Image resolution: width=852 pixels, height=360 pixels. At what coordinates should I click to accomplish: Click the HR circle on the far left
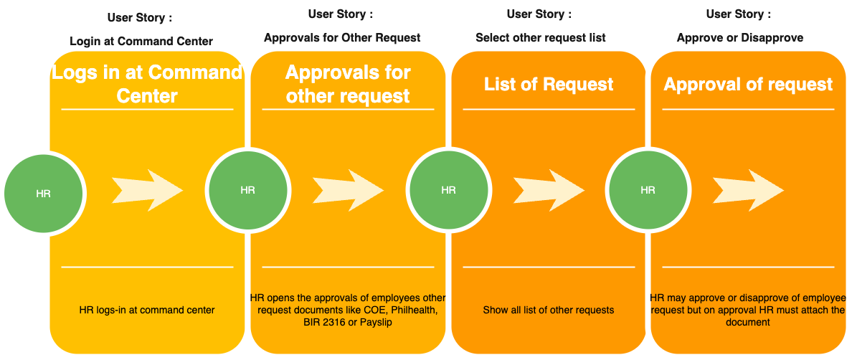pyautogui.click(x=44, y=194)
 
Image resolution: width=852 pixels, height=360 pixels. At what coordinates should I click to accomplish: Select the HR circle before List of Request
pyautogui.click(x=448, y=190)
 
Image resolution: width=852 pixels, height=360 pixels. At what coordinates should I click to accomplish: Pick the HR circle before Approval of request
pyautogui.click(x=648, y=190)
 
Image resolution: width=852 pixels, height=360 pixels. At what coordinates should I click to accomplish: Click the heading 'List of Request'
pyautogui.click(x=549, y=84)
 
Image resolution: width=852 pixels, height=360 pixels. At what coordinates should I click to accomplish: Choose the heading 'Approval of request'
pyautogui.click(x=748, y=84)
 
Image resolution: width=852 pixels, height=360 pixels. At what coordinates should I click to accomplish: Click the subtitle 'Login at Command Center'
pyautogui.click(x=141, y=41)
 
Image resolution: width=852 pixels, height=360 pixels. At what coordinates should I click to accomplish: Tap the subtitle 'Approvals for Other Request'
pyautogui.click(x=342, y=38)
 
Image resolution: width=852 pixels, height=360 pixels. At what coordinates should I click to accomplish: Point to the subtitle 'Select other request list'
pyautogui.click(x=541, y=38)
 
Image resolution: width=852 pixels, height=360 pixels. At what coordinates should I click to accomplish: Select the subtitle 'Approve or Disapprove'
pyautogui.click(x=740, y=38)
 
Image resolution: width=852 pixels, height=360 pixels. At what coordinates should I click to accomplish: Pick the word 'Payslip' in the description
pyautogui.click(x=377, y=322)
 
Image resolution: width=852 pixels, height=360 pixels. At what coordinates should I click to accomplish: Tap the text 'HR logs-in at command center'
pyautogui.click(x=147, y=311)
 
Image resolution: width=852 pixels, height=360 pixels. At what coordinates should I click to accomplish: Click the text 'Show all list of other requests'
pyautogui.click(x=549, y=311)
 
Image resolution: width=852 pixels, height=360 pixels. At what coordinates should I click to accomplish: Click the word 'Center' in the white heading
pyautogui.click(x=147, y=96)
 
